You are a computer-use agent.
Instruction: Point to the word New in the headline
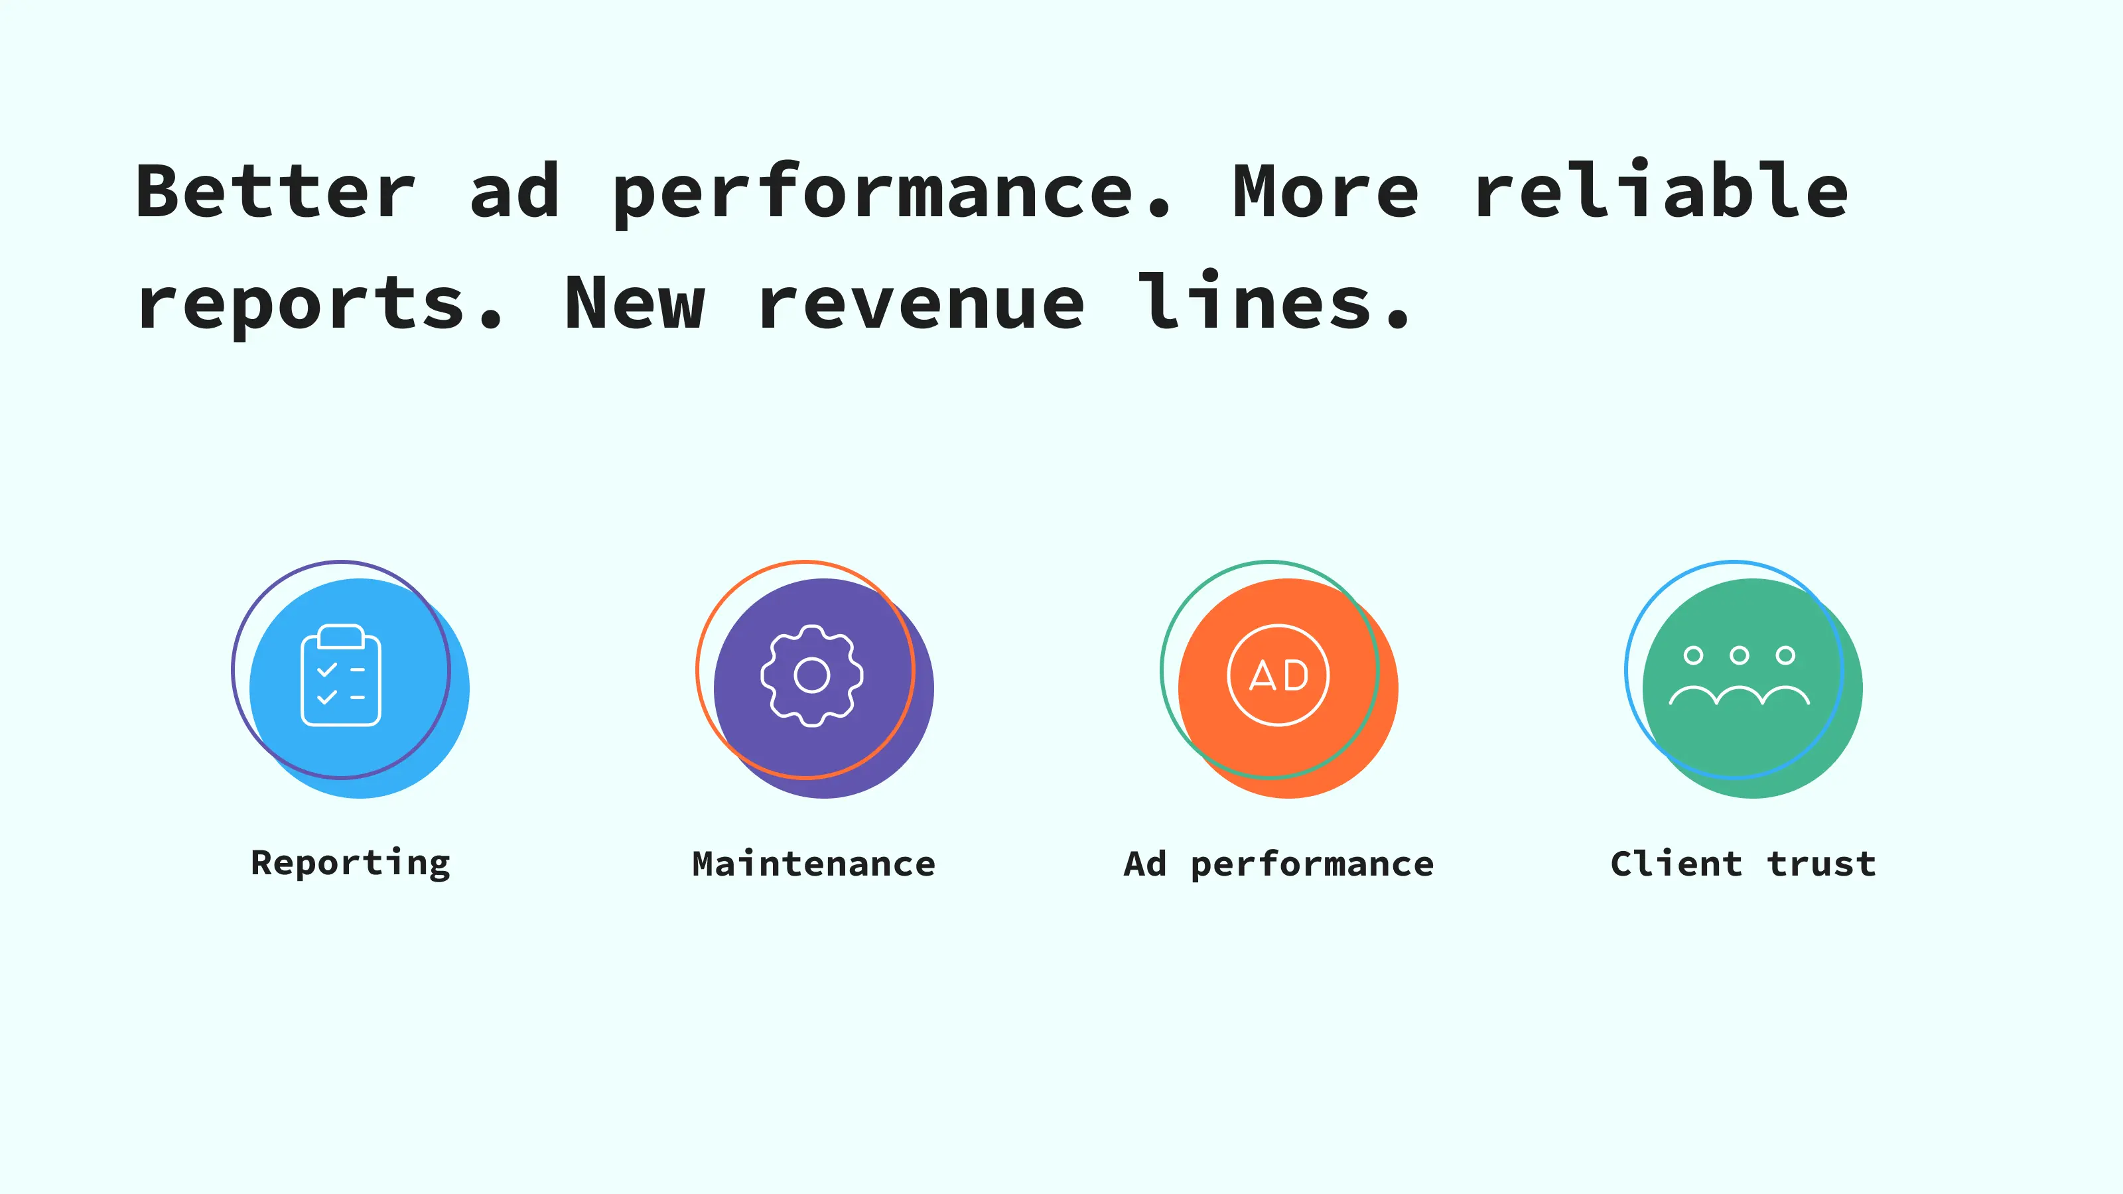pos(635,302)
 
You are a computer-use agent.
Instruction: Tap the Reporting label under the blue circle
pos(351,864)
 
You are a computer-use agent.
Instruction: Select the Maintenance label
pos(814,864)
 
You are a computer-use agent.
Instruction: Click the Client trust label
pos(1743,864)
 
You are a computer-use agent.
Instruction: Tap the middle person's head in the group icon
pos(1740,655)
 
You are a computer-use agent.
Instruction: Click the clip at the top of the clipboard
pos(341,636)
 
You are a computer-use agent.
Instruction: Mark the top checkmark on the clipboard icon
pos(327,669)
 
